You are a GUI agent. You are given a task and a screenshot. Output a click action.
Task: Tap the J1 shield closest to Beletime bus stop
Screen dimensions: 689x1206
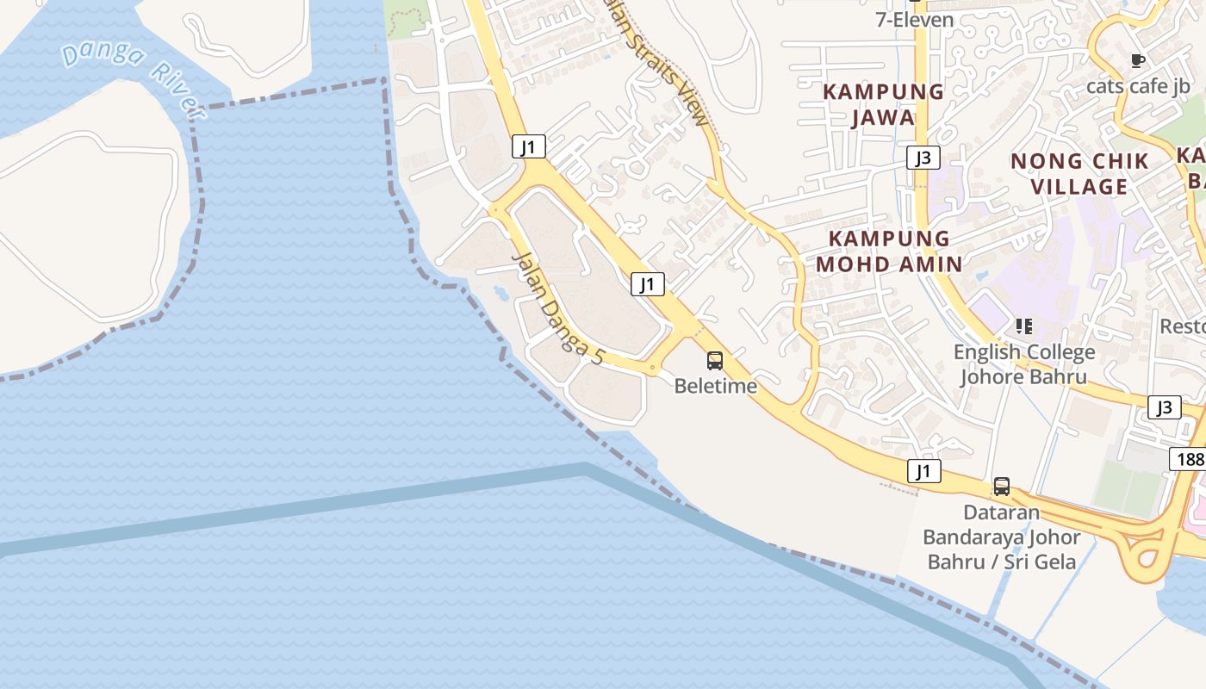pos(648,283)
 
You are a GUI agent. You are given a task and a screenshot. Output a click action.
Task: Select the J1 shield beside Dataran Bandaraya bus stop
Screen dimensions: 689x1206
pos(923,471)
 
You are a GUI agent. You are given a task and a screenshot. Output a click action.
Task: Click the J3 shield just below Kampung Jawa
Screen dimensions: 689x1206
pos(923,158)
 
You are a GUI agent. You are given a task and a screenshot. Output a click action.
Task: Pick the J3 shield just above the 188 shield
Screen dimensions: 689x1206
pos(1164,407)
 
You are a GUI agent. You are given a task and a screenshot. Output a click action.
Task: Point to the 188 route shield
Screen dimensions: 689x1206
pos(1189,459)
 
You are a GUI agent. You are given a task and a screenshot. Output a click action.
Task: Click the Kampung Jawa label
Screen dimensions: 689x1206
pos(883,104)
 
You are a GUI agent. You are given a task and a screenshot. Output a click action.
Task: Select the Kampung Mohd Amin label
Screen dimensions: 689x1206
pos(889,251)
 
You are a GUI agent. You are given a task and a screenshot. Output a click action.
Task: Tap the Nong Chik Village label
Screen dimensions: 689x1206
pos(1079,173)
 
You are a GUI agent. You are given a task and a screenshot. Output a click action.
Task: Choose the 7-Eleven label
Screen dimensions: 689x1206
pos(914,20)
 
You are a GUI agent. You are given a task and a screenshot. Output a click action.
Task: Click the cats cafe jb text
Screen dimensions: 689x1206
pos(1138,86)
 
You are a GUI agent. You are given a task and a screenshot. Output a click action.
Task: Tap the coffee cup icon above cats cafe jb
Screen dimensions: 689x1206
pos(1137,60)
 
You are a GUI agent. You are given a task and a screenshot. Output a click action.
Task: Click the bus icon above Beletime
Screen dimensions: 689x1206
pos(715,361)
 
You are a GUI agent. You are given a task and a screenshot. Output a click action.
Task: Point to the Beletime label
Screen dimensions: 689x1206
pos(715,386)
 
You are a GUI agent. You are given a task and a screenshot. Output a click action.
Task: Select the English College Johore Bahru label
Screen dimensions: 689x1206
pos(1024,364)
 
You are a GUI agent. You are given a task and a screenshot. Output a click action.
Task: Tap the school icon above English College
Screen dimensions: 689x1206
pos(1024,326)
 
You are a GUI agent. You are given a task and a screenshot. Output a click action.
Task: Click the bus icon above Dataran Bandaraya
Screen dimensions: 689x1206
pos(1001,487)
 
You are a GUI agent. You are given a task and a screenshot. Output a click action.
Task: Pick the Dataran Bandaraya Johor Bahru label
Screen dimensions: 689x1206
pos(1001,537)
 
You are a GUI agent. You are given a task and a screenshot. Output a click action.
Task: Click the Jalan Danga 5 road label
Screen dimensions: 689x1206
pos(558,308)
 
